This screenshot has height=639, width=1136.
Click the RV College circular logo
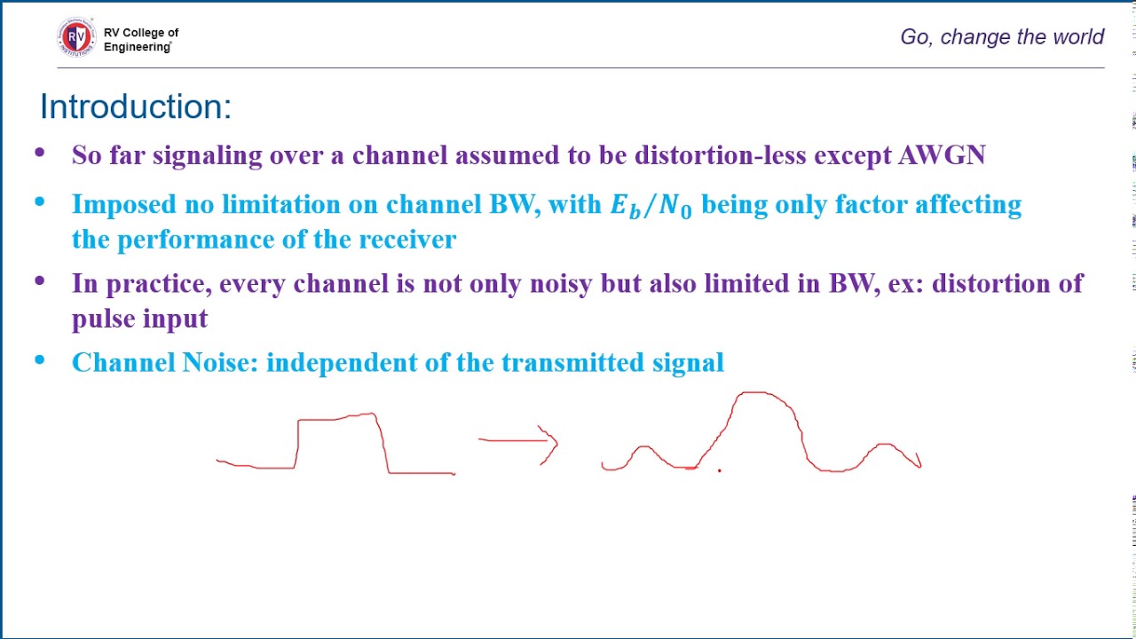pyautogui.click(x=76, y=37)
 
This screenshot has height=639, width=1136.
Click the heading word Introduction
pyautogui.click(x=135, y=106)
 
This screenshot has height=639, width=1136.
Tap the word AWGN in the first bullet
pyautogui.click(x=942, y=155)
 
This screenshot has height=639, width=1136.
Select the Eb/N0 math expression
pyautogui.click(x=651, y=206)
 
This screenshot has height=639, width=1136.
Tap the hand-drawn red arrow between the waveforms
pyautogui.click(x=519, y=442)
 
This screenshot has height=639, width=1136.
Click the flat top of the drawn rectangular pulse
pyautogui.click(x=337, y=417)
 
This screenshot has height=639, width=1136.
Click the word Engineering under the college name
pyautogui.click(x=137, y=47)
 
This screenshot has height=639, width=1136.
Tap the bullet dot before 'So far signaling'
pyautogui.click(x=40, y=154)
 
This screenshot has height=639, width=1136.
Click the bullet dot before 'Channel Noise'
pyautogui.click(x=40, y=360)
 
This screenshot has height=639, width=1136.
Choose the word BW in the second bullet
pyautogui.click(x=512, y=205)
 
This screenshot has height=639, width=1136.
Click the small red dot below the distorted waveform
pyautogui.click(x=720, y=470)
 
